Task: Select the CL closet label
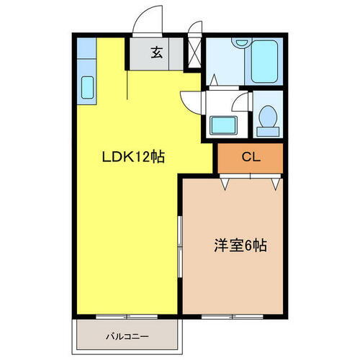250,156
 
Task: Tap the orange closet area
250,156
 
